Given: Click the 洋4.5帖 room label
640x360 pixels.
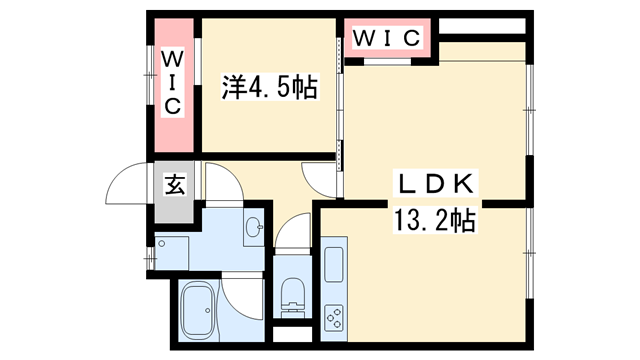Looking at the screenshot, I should (267, 89).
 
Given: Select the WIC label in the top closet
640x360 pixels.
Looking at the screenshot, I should (387, 39).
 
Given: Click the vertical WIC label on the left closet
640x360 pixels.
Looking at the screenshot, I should (172, 83).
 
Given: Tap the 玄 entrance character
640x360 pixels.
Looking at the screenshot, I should (174, 185).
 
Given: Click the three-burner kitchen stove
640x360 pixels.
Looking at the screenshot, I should (333, 317).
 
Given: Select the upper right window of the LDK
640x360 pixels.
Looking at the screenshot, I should (529, 100).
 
